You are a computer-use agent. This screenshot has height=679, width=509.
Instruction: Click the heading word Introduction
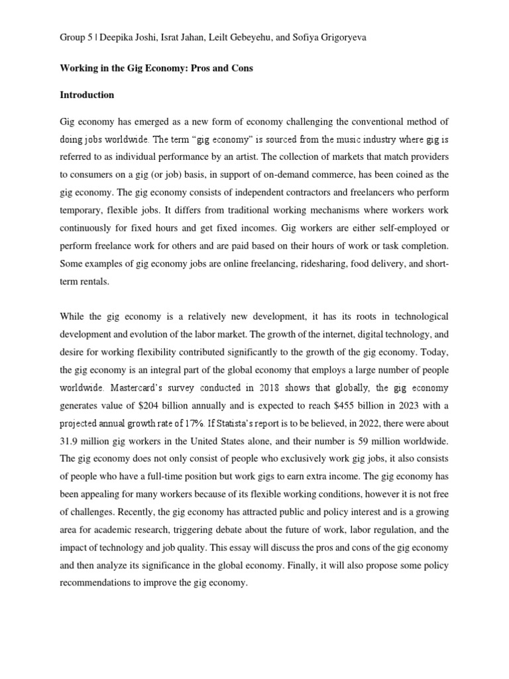87,95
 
